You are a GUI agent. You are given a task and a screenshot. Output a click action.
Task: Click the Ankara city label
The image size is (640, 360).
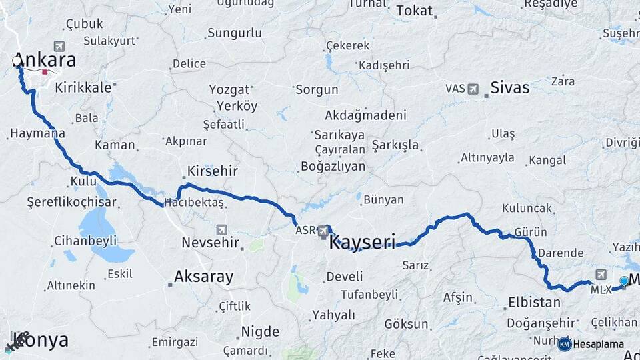(x=45, y=59)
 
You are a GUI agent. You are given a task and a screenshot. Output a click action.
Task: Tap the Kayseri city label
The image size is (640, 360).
(x=362, y=241)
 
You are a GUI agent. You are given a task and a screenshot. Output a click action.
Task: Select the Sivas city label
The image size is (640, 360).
(x=509, y=87)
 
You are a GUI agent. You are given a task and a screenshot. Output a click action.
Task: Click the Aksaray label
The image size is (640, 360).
(x=204, y=277)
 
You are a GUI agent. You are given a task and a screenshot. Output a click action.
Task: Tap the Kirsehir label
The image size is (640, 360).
(x=212, y=171)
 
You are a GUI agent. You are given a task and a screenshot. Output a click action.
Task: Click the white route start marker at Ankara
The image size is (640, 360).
(x=17, y=61)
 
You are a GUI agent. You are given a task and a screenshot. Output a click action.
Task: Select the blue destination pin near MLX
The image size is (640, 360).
(x=623, y=281)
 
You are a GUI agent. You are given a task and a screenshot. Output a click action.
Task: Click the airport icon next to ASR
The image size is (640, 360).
(x=324, y=231)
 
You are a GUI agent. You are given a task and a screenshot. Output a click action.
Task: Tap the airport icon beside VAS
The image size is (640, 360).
(x=473, y=88)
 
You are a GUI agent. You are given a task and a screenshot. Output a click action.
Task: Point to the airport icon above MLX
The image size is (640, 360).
(x=601, y=275)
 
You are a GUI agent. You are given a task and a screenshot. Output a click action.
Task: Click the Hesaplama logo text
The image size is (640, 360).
(x=598, y=344)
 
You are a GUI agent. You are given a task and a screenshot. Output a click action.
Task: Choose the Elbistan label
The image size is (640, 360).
(x=534, y=302)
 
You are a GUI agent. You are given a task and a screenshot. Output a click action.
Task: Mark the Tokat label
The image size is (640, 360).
(x=414, y=11)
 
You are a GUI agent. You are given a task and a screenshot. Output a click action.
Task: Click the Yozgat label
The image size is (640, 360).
(x=229, y=89)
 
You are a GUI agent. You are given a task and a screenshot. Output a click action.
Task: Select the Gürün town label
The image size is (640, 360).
(x=531, y=232)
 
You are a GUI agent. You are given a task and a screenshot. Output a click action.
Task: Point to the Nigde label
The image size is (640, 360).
(x=259, y=331)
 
